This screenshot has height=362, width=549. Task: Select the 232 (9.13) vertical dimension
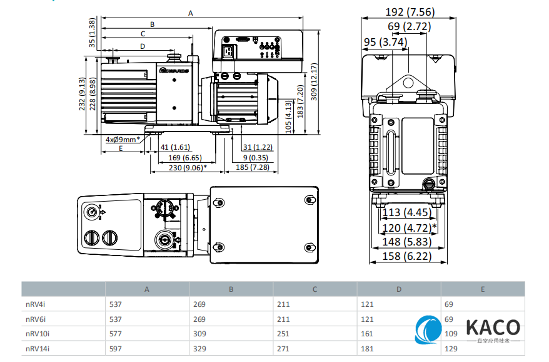(82, 95)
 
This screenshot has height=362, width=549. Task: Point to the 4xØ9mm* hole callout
(123, 139)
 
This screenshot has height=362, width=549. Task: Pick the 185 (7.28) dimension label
(253, 168)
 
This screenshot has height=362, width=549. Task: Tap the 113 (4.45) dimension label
(406, 213)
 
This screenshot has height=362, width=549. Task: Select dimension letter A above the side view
(191, 13)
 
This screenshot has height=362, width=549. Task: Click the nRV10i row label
(38, 334)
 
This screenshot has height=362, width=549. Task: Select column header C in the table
(315, 289)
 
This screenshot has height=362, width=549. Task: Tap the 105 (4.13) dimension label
(288, 115)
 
